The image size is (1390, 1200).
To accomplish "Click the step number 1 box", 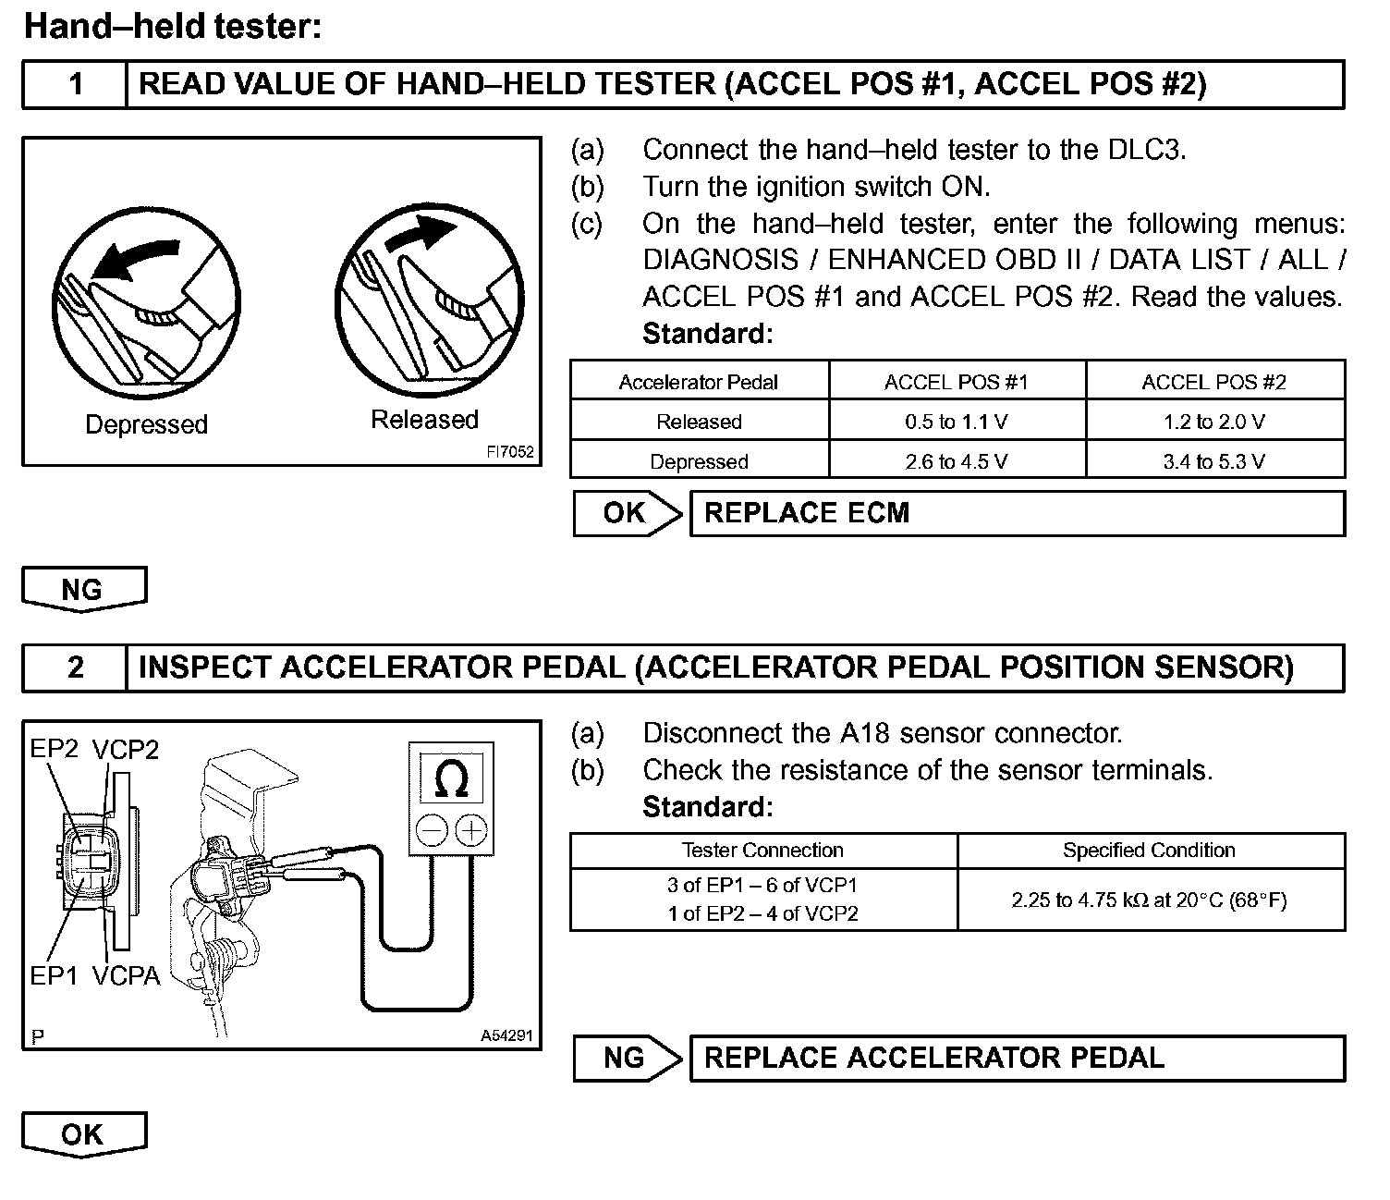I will pos(75,85).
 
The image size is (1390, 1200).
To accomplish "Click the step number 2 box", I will pos(75,667).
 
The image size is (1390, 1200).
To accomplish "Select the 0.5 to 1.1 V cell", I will pos(957,422).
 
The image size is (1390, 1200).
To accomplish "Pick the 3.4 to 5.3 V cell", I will pos(1213,461).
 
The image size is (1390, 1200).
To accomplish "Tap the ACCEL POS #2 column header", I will pos(1213,382).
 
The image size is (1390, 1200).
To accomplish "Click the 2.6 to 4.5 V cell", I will pos(957,461).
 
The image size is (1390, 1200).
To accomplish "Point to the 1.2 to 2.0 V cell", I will pos(1213,422).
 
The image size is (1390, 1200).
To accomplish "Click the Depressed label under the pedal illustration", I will pos(146,424).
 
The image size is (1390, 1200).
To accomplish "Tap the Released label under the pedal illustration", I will pos(424,420).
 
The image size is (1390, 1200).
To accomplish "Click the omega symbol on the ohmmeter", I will pos(451,778).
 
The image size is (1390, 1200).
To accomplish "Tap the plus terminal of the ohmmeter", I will pos(471,829).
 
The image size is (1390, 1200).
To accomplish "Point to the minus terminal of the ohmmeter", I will pos(432,829).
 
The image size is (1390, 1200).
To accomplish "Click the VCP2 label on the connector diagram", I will pos(125,750).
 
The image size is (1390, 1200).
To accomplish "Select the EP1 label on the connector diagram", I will pos(54,975).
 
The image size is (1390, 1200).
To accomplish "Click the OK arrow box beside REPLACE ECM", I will pos(627,513).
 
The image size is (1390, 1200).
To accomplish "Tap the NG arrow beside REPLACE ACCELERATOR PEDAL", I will pos(627,1058).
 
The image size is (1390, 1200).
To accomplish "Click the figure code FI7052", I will pos(510,453).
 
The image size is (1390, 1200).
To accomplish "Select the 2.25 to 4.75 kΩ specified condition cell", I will pos(1149,900).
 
